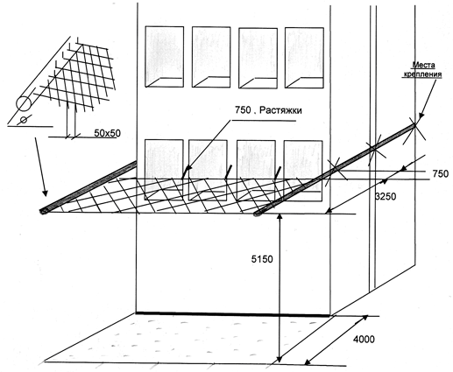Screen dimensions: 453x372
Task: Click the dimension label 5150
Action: click(x=262, y=259)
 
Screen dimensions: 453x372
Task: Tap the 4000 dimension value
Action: click(x=364, y=340)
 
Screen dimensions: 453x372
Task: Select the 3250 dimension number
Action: click(x=386, y=197)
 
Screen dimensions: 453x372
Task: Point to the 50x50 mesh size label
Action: click(x=107, y=133)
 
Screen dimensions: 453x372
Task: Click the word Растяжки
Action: click(x=280, y=110)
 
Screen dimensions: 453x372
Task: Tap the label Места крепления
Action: click(x=422, y=70)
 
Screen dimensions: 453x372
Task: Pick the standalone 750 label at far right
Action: click(x=440, y=173)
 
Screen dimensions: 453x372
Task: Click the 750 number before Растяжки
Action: click(x=243, y=110)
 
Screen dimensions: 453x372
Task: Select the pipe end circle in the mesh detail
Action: click(x=24, y=103)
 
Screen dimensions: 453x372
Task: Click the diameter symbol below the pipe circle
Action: click(x=25, y=120)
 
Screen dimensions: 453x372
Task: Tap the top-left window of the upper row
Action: click(x=165, y=57)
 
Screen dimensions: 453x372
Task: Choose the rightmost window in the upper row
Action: click(x=304, y=58)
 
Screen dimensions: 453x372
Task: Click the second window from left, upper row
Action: click(x=211, y=57)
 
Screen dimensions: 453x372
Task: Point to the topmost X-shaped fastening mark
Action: click(x=414, y=125)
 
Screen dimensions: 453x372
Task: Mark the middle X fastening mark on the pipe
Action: click(x=375, y=149)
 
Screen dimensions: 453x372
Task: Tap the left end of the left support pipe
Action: click(x=43, y=212)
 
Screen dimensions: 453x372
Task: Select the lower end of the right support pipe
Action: click(x=258, y=214)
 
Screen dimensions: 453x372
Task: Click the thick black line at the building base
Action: click(x=233, y=314)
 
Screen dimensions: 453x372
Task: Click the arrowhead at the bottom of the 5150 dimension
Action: click(x=280, y=359)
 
